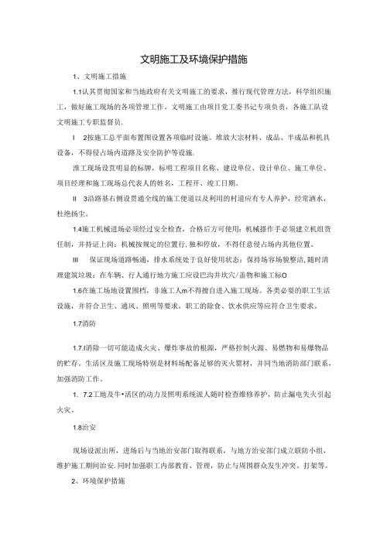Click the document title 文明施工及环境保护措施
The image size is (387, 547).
[193, 60]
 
